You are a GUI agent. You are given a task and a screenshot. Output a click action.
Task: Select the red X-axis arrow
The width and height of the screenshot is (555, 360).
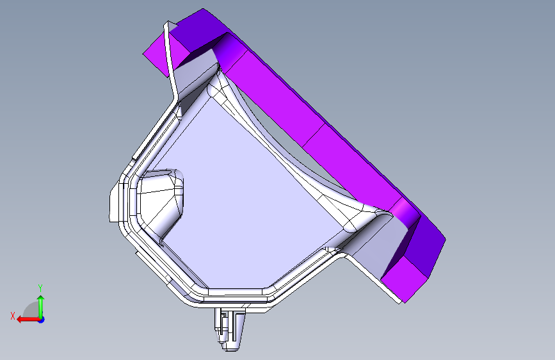[28, 319]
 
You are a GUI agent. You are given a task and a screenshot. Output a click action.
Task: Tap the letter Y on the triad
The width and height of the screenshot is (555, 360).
[40, 288]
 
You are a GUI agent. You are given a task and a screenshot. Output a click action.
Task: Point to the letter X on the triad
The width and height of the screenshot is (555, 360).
[13, 316]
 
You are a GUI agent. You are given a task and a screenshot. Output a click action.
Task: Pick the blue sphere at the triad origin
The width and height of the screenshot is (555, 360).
[42, 320]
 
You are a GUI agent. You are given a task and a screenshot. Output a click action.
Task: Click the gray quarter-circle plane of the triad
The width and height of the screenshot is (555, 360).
[31, 309]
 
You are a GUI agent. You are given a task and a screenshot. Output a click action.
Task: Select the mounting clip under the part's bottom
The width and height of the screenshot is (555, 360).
[229, 328]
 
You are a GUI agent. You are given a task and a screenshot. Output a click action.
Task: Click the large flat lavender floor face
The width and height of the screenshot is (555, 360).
[241, 199]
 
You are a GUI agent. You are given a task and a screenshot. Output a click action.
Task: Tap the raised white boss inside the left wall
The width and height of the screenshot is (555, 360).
[161, 202]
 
